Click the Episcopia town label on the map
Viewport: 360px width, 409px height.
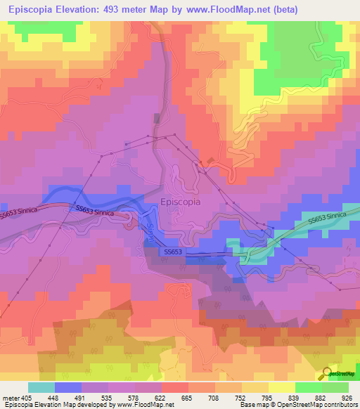pos(180,201)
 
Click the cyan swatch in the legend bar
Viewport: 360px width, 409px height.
pos(41,387)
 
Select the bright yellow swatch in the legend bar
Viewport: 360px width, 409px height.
pos(281,387)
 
